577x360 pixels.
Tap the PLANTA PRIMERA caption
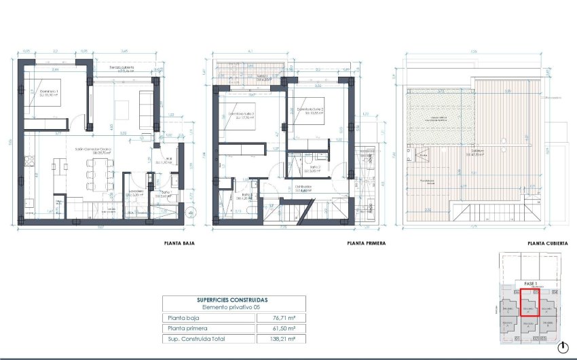tap(362, 242)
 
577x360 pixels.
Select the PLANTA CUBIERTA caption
tap(546, 242)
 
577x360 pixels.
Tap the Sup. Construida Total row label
tap(196, 338)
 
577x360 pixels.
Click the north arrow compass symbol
tap(562, 347)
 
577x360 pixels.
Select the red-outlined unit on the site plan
tap(529, 304)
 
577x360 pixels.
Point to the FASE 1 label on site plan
tap(530, 283)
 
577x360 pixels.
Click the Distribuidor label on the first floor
tap(303, 187)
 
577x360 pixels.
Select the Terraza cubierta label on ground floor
tap(122, 68)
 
